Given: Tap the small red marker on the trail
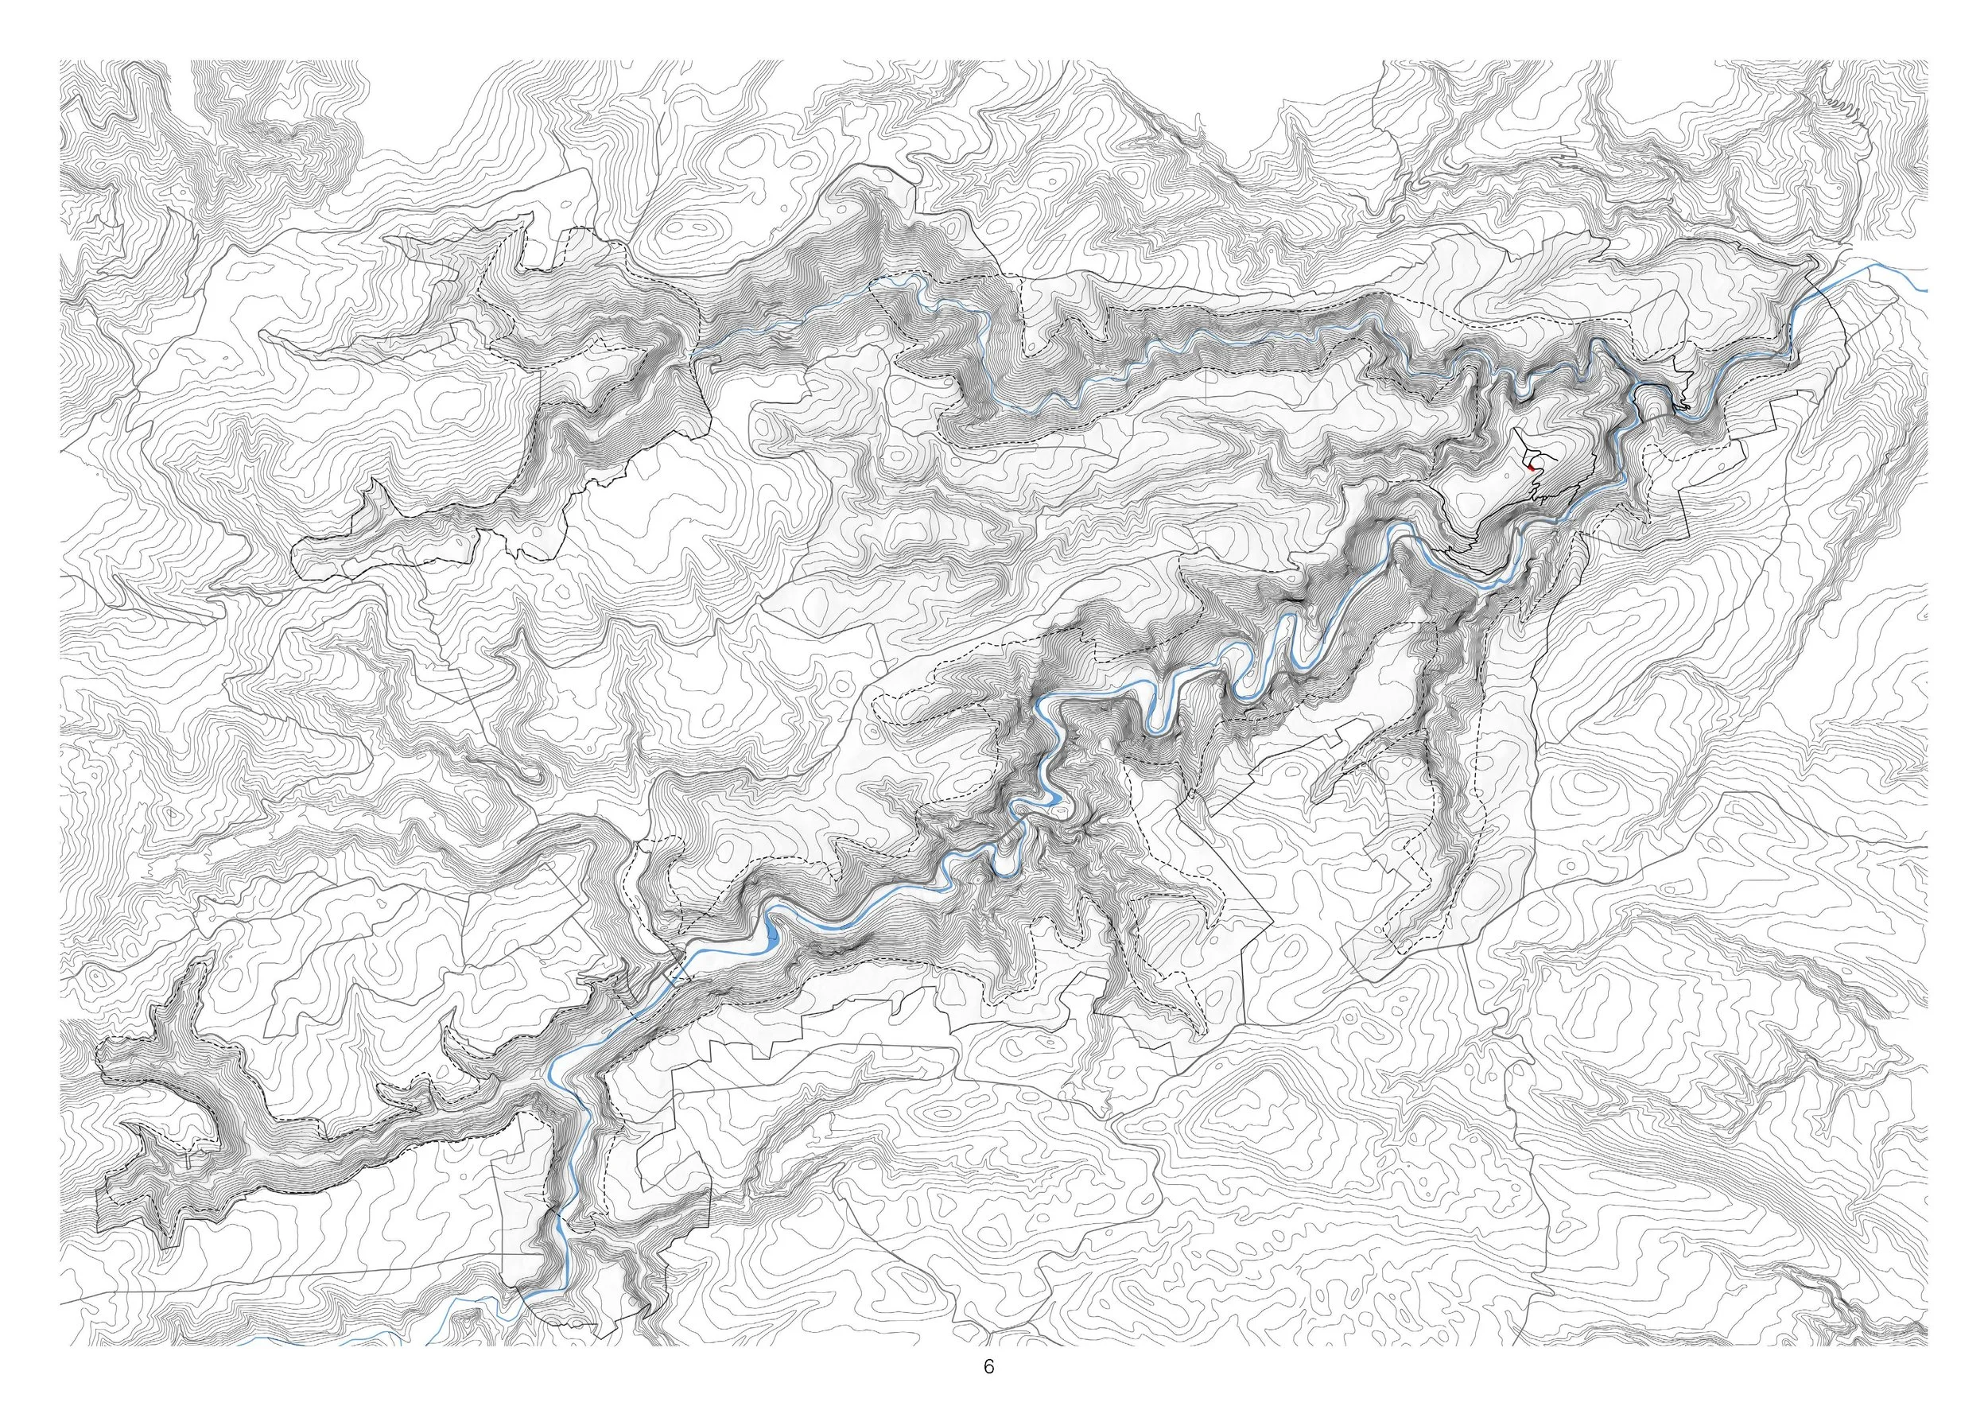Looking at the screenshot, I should pyautogui.click(x=1530, y=467).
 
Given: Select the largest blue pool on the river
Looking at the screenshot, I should pyautogui.click(x=771, y=936).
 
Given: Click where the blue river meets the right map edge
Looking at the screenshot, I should pyautogui.click(x=1926, y=290).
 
